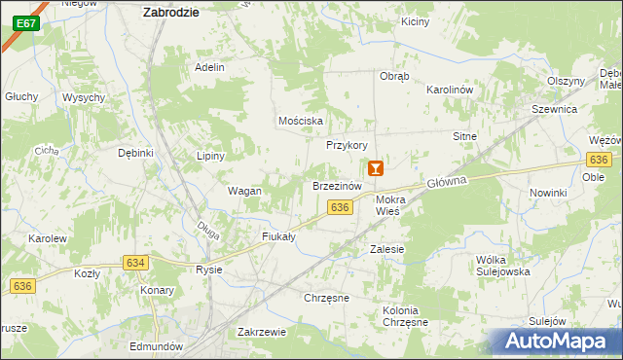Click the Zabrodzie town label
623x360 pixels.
tap(170, 12)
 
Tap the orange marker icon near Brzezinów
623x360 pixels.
tap(376, 168)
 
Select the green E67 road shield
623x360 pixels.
tap(26, 22)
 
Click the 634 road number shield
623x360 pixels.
tap(135, 262)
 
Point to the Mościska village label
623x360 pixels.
tap(300, 121)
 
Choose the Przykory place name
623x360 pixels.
tap(347, 145)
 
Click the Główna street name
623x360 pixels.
tap(447, 182)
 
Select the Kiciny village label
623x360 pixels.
tap(414, 21)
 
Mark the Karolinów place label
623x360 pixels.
tap(449, 90)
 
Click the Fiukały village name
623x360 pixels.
tap(278, 236)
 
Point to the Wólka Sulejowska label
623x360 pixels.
tap(502, 266)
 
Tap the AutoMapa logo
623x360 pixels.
tap(562, 342)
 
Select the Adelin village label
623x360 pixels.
tap(209, 67)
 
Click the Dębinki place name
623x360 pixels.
tap(136, 153)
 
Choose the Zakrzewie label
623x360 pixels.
tap(261, 332)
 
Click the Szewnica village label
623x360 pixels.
tap(554, 111)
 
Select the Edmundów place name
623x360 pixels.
tap(156, 346)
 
